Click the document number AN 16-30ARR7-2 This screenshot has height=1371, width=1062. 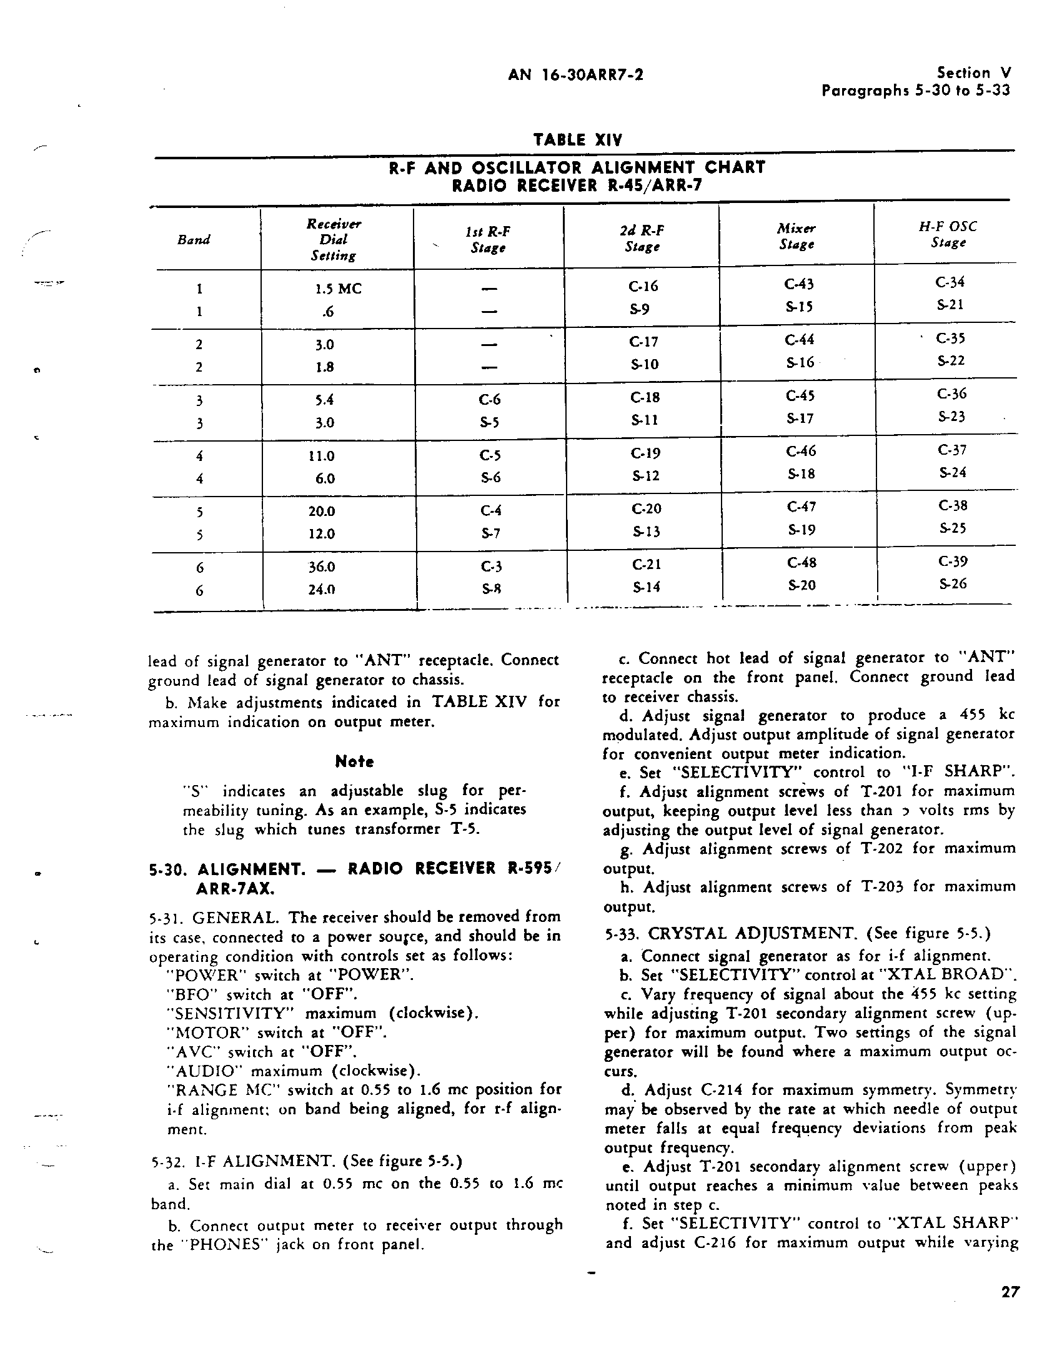tap(575, 76)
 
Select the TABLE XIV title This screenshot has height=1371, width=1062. tap(577, 139)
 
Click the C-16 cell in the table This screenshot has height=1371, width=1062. tap(643, 286)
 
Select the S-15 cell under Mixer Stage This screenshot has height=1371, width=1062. tap(799, 307)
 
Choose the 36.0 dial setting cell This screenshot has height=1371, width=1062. tap(322, 567)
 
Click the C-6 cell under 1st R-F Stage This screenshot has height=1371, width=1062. tap(489, 400)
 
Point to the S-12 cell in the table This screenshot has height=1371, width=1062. tap(645, 476)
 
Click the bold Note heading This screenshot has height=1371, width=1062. tap(354, 761)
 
